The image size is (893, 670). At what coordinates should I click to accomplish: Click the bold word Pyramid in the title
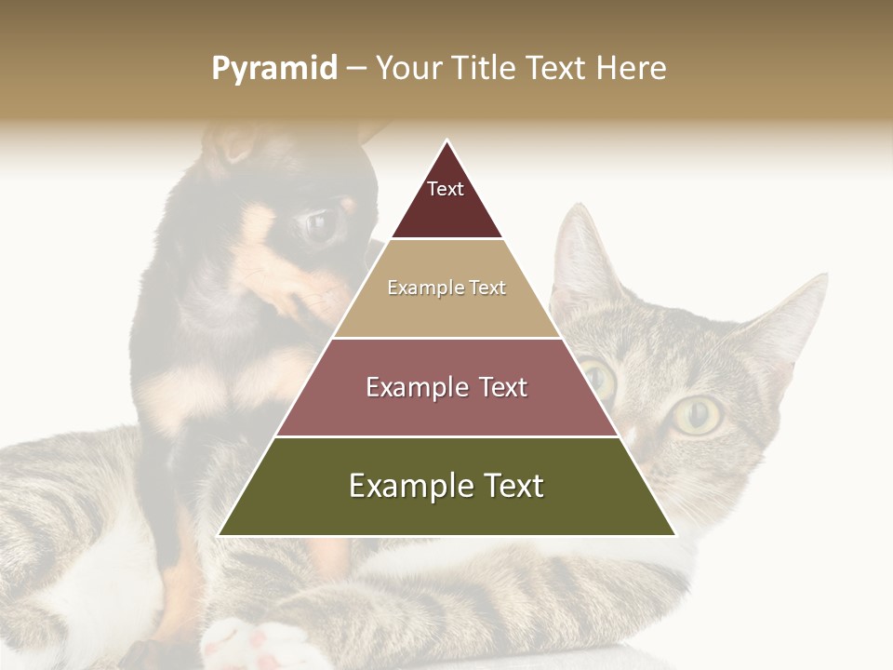274,69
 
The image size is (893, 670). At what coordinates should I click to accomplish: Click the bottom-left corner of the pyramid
220,535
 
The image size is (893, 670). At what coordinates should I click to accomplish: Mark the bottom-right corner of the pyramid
674,535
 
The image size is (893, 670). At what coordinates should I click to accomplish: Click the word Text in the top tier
446,189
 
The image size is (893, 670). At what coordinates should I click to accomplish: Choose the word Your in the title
407,69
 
